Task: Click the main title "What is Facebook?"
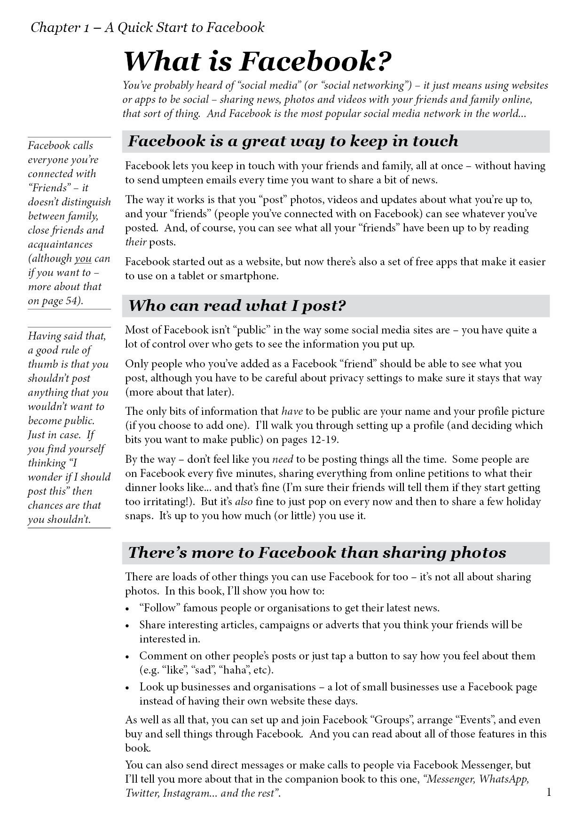coord(257,61)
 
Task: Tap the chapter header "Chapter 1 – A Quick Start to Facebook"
coord(147,28)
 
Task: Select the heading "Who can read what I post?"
coord(237,306)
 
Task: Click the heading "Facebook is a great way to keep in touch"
coord(293,141)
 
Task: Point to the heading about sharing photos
coord(317,553)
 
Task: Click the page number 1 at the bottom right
coord(549,793)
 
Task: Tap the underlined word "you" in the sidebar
coord(83,259)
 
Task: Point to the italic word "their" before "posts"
coord(136,242)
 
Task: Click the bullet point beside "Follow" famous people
coord(128,609)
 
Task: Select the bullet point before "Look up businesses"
coord(128,688)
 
